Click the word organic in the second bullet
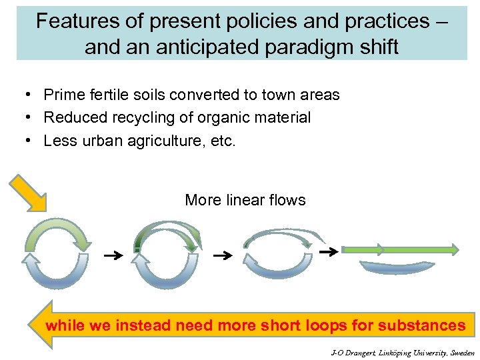(222, 118)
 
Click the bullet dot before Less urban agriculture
(29, 141)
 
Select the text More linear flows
(245, 200)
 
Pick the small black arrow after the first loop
(115, 255)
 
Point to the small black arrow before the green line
(327, 252)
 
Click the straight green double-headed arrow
(400, 249)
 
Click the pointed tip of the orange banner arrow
(31, 324)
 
